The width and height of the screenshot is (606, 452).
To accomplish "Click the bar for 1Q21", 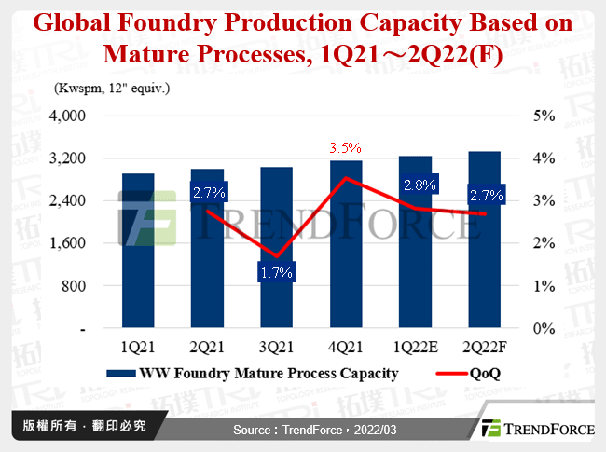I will click(x=138, y=252).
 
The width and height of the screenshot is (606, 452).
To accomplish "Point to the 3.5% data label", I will click(x=345, y=148).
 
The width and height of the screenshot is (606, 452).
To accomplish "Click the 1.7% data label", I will click(x=276, y=273).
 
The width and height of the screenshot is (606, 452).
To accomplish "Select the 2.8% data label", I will click(x=416, y=185).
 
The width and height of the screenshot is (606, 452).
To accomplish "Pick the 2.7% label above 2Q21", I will click(x=207, y=194).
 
